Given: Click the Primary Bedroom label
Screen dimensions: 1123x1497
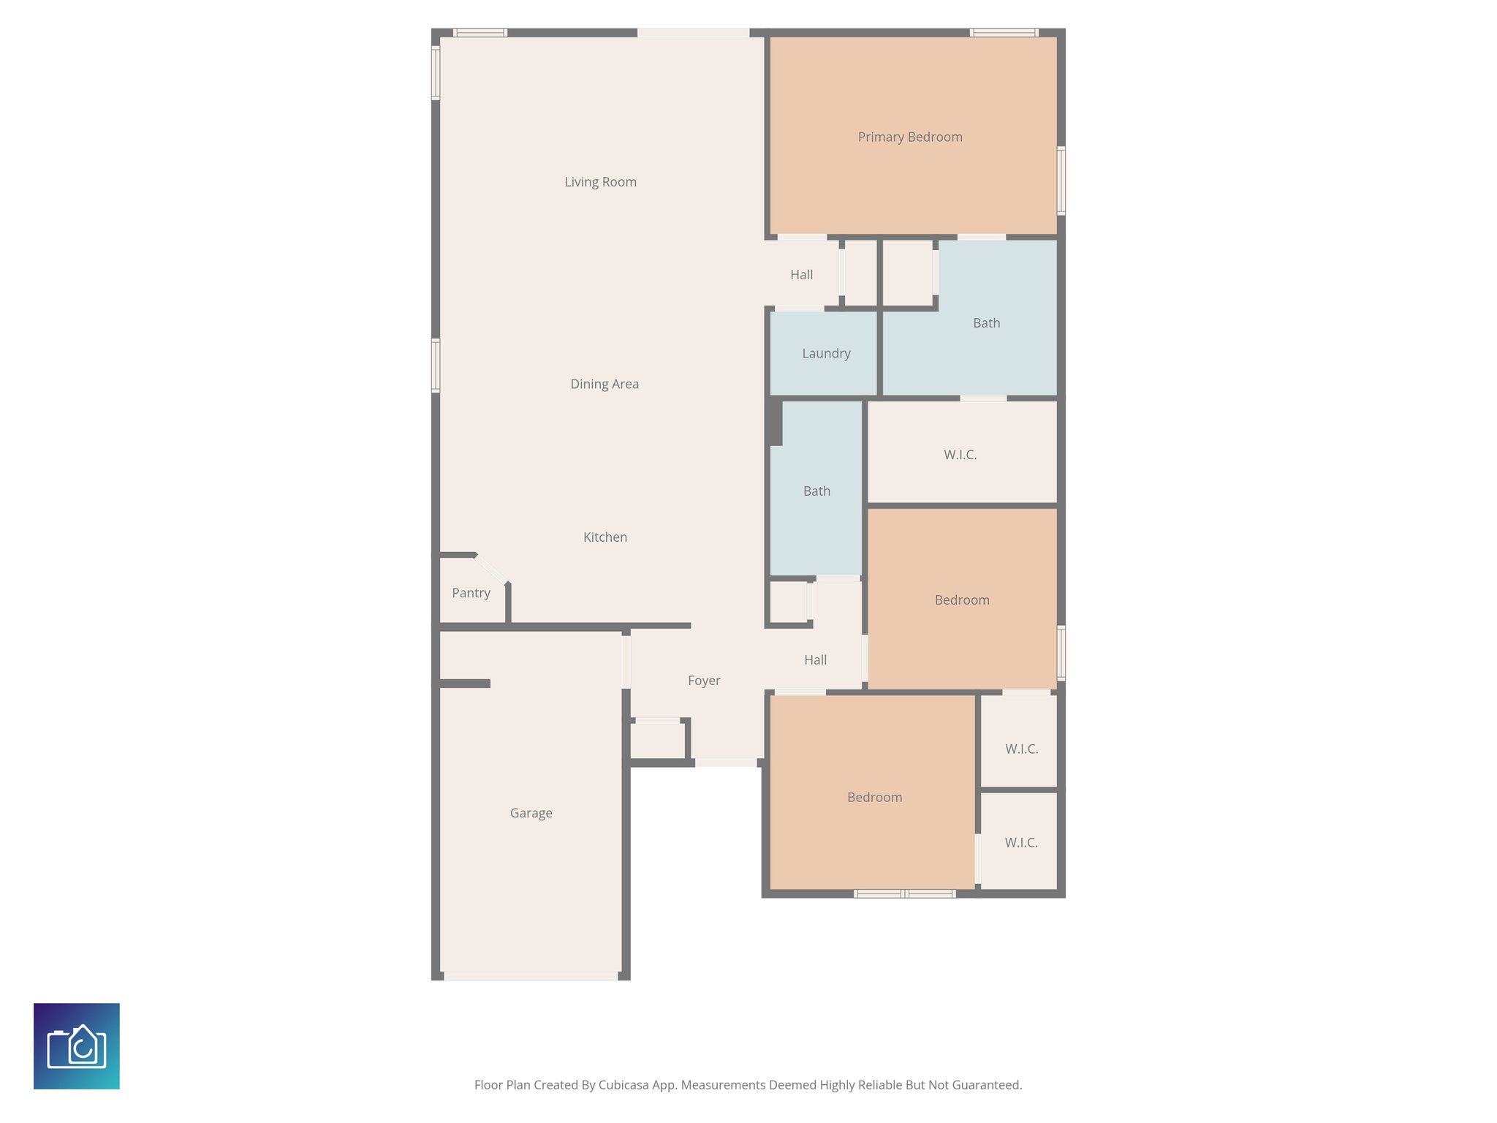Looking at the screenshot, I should coord(909,137).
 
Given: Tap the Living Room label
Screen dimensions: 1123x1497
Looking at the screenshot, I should coord(600,182).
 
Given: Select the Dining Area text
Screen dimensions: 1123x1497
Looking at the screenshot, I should coord(605,384).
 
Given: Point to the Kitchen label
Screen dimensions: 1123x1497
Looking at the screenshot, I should coord(605,537).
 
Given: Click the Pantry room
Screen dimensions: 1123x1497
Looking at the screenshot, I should coord(471,593).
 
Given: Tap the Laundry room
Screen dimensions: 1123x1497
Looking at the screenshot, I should coord(826,354).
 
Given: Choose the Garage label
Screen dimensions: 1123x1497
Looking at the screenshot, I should coord(531,813).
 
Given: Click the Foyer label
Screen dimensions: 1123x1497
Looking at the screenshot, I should coord(704,681).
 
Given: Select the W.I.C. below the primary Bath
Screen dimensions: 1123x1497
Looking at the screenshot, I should coord(960,455).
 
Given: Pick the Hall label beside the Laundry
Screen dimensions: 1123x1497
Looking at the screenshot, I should coord(801,275).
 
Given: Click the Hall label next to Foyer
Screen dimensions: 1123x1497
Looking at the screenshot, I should coord(815,660).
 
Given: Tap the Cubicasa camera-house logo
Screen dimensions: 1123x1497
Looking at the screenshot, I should coord(77,1046).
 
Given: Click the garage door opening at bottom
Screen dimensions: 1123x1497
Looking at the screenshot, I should coord(531,976).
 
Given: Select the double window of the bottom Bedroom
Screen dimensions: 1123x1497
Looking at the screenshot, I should coord(904,893).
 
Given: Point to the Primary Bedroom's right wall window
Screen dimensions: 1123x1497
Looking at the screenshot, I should coord(1061,181).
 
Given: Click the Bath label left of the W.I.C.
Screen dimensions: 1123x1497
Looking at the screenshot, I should coord(816,491).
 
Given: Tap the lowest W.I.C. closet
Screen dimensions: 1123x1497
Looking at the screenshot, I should coord(1020,843).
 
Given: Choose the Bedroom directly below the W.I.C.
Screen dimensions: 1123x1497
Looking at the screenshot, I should coord(962,600).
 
